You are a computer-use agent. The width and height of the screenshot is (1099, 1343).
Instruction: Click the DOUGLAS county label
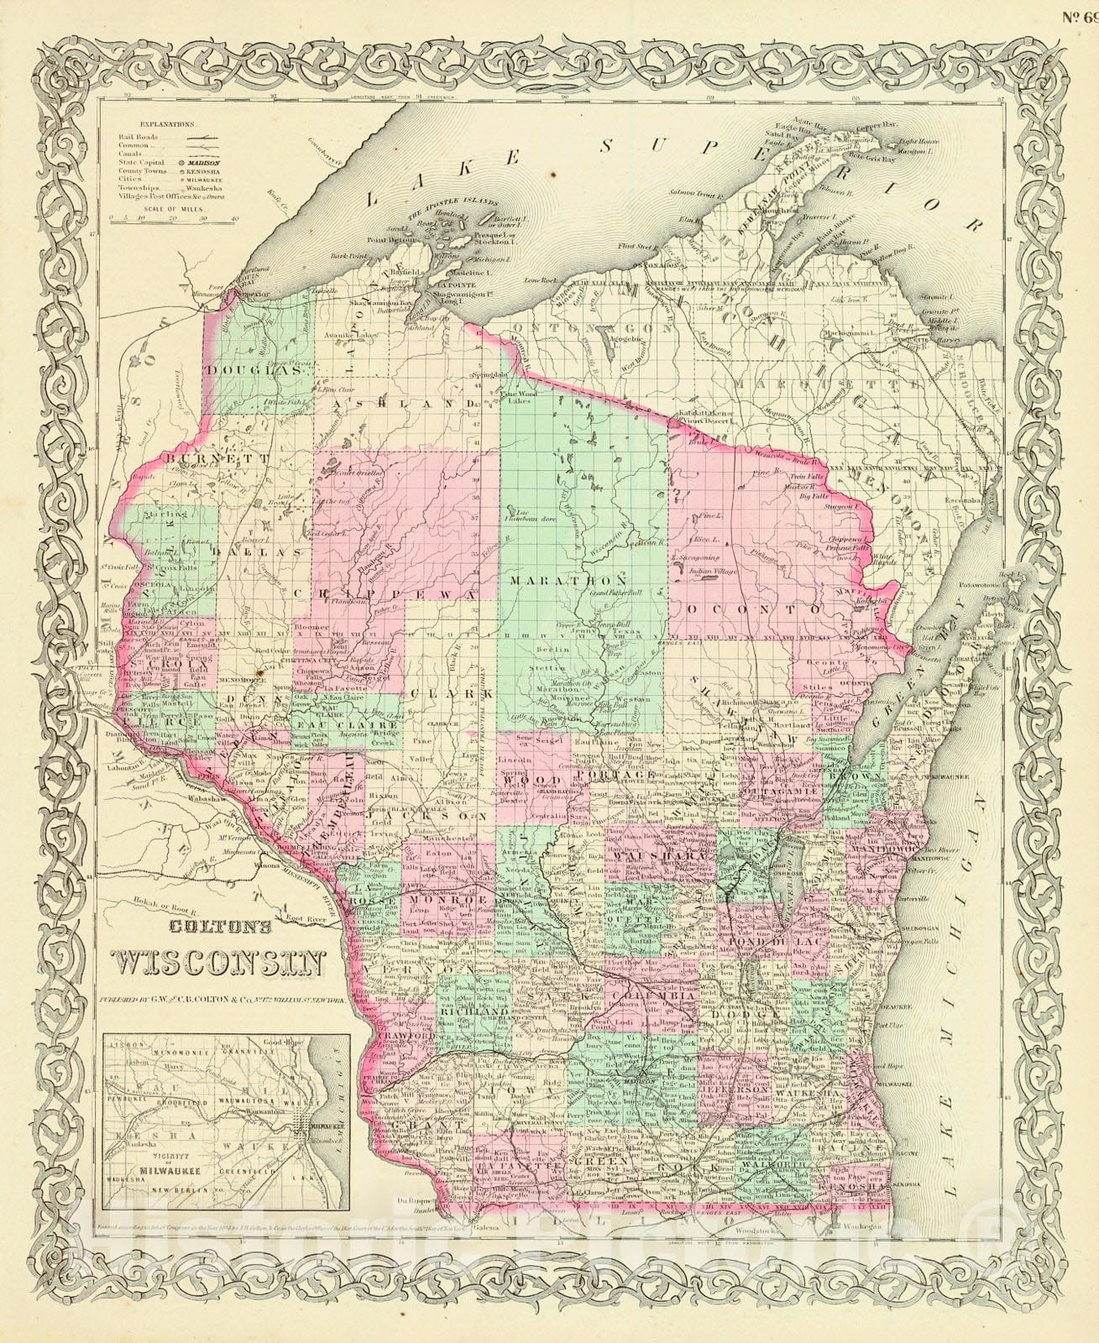tap(249, 369)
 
